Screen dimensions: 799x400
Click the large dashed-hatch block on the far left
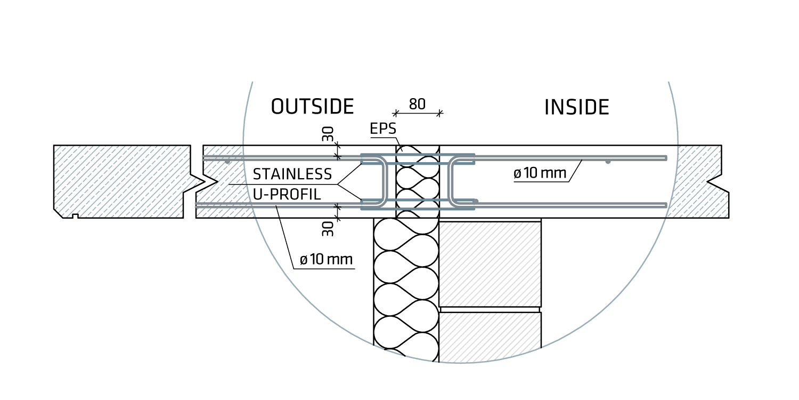pos(120,181)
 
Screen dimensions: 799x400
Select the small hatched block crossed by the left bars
pos(224,181)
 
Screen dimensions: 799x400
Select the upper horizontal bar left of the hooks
pos(288,157)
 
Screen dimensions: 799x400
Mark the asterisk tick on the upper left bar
pos(337,157)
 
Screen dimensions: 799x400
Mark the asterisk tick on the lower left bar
pos(337,205)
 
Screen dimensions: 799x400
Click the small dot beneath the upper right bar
pos(607,162)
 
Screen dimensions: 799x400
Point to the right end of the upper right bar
pos(666,157)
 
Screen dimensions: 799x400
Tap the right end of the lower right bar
pos(665,205)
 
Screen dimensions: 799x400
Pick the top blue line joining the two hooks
pos(418,155)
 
